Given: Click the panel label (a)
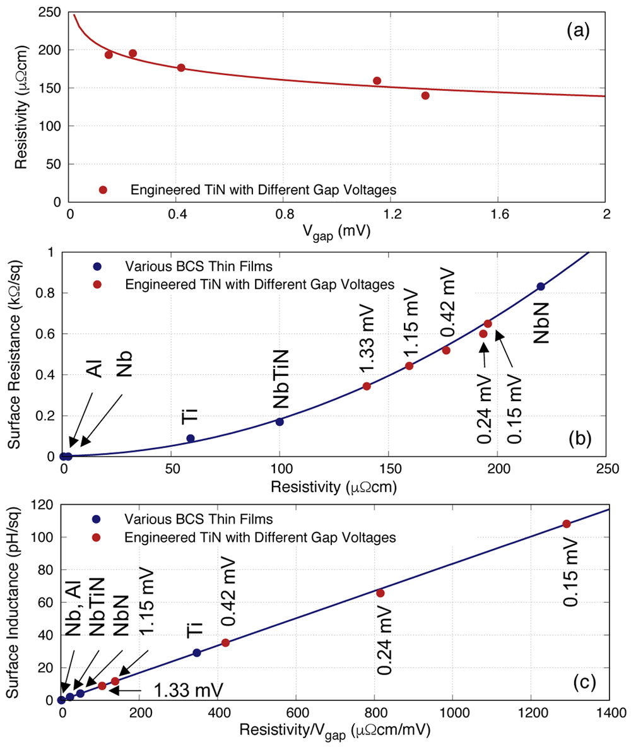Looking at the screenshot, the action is pos(578,30).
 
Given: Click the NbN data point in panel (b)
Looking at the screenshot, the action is pos(540,287).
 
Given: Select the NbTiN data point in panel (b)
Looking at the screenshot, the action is pos(280,421).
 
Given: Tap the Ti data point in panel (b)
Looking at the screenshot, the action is pos(191,438).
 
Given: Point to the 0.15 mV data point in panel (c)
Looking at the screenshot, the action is pos(567,524).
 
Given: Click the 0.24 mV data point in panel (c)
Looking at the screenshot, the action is pos(380,593).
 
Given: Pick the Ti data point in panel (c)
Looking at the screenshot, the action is pos(197,652).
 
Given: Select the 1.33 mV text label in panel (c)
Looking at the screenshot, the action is pos(188,690).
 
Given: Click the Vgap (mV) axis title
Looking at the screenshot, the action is pos(336,232).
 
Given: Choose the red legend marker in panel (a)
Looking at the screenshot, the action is pos(103,190).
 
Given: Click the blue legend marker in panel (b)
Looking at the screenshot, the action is pos(97,266).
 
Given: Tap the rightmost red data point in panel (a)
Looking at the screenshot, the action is pos(425,96).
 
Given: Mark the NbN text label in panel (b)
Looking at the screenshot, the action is pos(541,323).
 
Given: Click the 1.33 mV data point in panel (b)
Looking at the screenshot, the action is pos(367,386).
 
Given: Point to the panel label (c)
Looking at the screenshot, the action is pos(585,683).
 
